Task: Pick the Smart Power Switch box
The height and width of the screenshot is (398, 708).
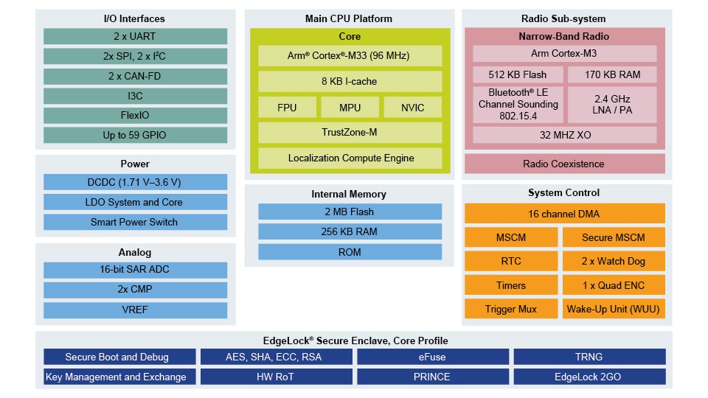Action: (x=134, y=222)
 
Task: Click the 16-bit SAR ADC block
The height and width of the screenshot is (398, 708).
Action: (x=134, y=270)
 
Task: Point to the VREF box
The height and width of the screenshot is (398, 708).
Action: (x=134, y=310)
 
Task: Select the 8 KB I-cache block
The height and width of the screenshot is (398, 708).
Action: (x=350, y=81)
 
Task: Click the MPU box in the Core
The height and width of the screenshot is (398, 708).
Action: (x=350, y=108)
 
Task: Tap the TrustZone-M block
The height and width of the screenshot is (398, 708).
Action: (x=350, y=133)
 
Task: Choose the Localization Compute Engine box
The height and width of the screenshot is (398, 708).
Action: (x=350, y=158)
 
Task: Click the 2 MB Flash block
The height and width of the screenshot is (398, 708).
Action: (x=350, y=212)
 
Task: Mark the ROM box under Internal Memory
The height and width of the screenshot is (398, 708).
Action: (x=350, y=252)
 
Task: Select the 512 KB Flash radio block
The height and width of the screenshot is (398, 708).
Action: (x=518, y=74)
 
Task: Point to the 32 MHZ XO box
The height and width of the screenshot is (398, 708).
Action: (x=564, y=135)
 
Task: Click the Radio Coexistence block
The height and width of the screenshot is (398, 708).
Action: (x=564, y=164)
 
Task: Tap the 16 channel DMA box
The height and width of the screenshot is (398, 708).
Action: (x=564, y=214)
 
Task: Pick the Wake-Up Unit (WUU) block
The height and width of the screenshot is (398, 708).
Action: (x=613, y=309)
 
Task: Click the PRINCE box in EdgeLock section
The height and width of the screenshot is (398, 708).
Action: (x=432, y=377)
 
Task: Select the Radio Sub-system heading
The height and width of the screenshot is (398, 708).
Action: (x=564, y=18)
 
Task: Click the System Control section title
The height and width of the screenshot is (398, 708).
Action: (x=564, y=193)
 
